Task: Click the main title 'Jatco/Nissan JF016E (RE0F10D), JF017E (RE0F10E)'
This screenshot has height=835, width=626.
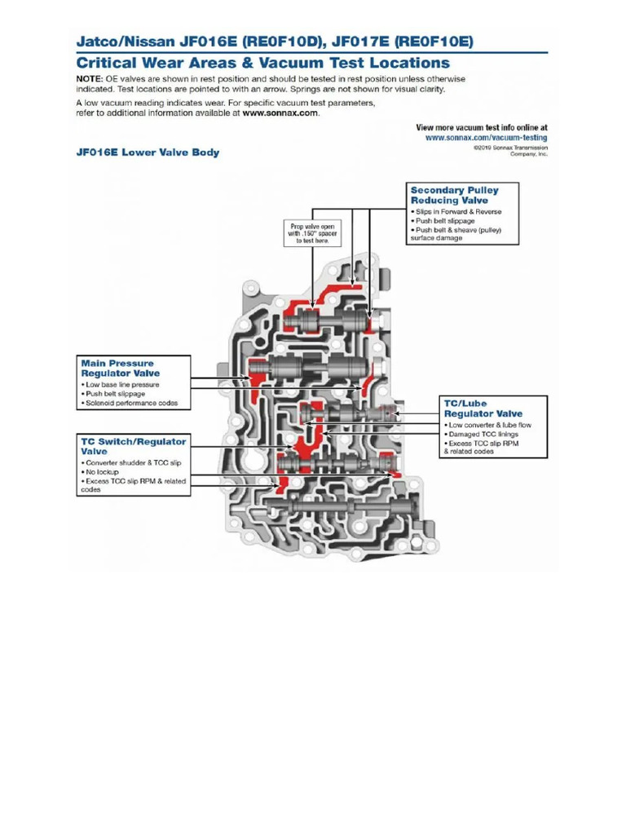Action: click(275, 40)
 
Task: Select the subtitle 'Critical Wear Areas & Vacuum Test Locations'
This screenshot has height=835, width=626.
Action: click(262, 63)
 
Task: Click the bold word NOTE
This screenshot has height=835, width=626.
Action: click(89, 79)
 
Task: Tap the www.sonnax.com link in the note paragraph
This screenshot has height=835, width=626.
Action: click(280, 113)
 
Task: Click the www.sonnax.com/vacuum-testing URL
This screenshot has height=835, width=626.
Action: click(486, 138)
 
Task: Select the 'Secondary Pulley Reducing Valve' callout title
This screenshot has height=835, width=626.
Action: click(454, 195)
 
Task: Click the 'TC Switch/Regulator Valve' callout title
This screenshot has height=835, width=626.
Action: click(132, 445)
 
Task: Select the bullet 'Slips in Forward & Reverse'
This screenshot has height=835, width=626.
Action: click(459, 212)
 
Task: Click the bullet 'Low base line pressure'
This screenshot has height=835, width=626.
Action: click(122, 384)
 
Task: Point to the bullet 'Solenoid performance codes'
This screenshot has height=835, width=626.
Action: click(137, 404)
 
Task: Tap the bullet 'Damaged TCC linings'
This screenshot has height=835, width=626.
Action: click(483, 434)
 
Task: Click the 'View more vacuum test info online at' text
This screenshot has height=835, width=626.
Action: click(481, 128)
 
